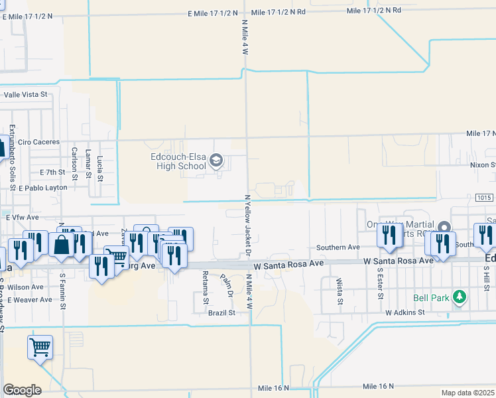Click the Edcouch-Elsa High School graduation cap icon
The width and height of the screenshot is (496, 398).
(216, 161)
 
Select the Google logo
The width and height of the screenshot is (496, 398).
(22, 390)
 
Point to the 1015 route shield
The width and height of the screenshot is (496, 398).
(484, 198)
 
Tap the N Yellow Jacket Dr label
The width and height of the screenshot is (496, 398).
(248, 226)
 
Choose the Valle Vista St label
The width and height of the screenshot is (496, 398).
(26, 94)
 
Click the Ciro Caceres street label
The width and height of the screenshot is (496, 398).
(39, 142)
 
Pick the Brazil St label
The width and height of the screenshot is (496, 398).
(222, 312)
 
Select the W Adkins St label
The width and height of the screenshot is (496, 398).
(404, 311)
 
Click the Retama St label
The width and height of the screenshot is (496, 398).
(205, 284)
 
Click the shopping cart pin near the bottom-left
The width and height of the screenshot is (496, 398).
(40, 346)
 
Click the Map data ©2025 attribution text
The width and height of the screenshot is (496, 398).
(467, 393)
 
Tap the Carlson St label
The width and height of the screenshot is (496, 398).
(75, 159)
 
